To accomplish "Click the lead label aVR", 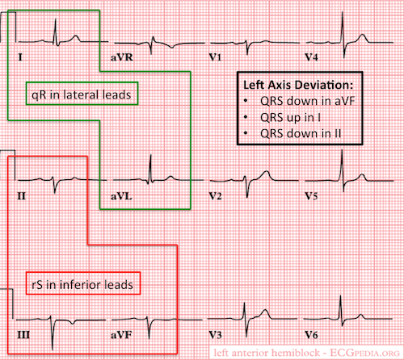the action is point(122,57).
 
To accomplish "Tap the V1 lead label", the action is point(215,57).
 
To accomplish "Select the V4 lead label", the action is point(311,57).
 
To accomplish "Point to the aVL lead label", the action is point(121,196).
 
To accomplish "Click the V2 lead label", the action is point(216,196).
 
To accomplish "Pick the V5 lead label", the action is point(311,196).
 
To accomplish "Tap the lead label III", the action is point(23,335).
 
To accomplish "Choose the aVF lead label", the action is point(121,335).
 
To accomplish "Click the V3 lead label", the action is point(216,335).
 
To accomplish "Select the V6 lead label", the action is point(311,335).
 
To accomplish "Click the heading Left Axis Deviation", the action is point(298,85).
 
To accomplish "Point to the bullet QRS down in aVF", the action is point(307,101).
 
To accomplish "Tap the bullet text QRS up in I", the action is point(290,118).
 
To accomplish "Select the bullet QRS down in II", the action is point(301,134).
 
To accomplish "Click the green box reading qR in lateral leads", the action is point(82,82).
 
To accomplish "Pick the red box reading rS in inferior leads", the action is point(83,272).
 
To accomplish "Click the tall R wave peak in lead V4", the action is point(343,13).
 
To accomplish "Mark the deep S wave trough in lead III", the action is point(53,349).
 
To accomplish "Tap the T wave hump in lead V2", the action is point(267,172).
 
